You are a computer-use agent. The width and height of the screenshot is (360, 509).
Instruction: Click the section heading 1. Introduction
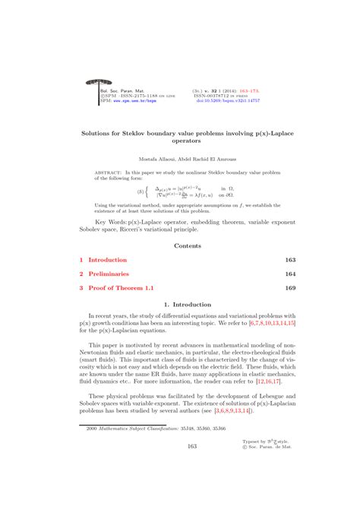point(180,305)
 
